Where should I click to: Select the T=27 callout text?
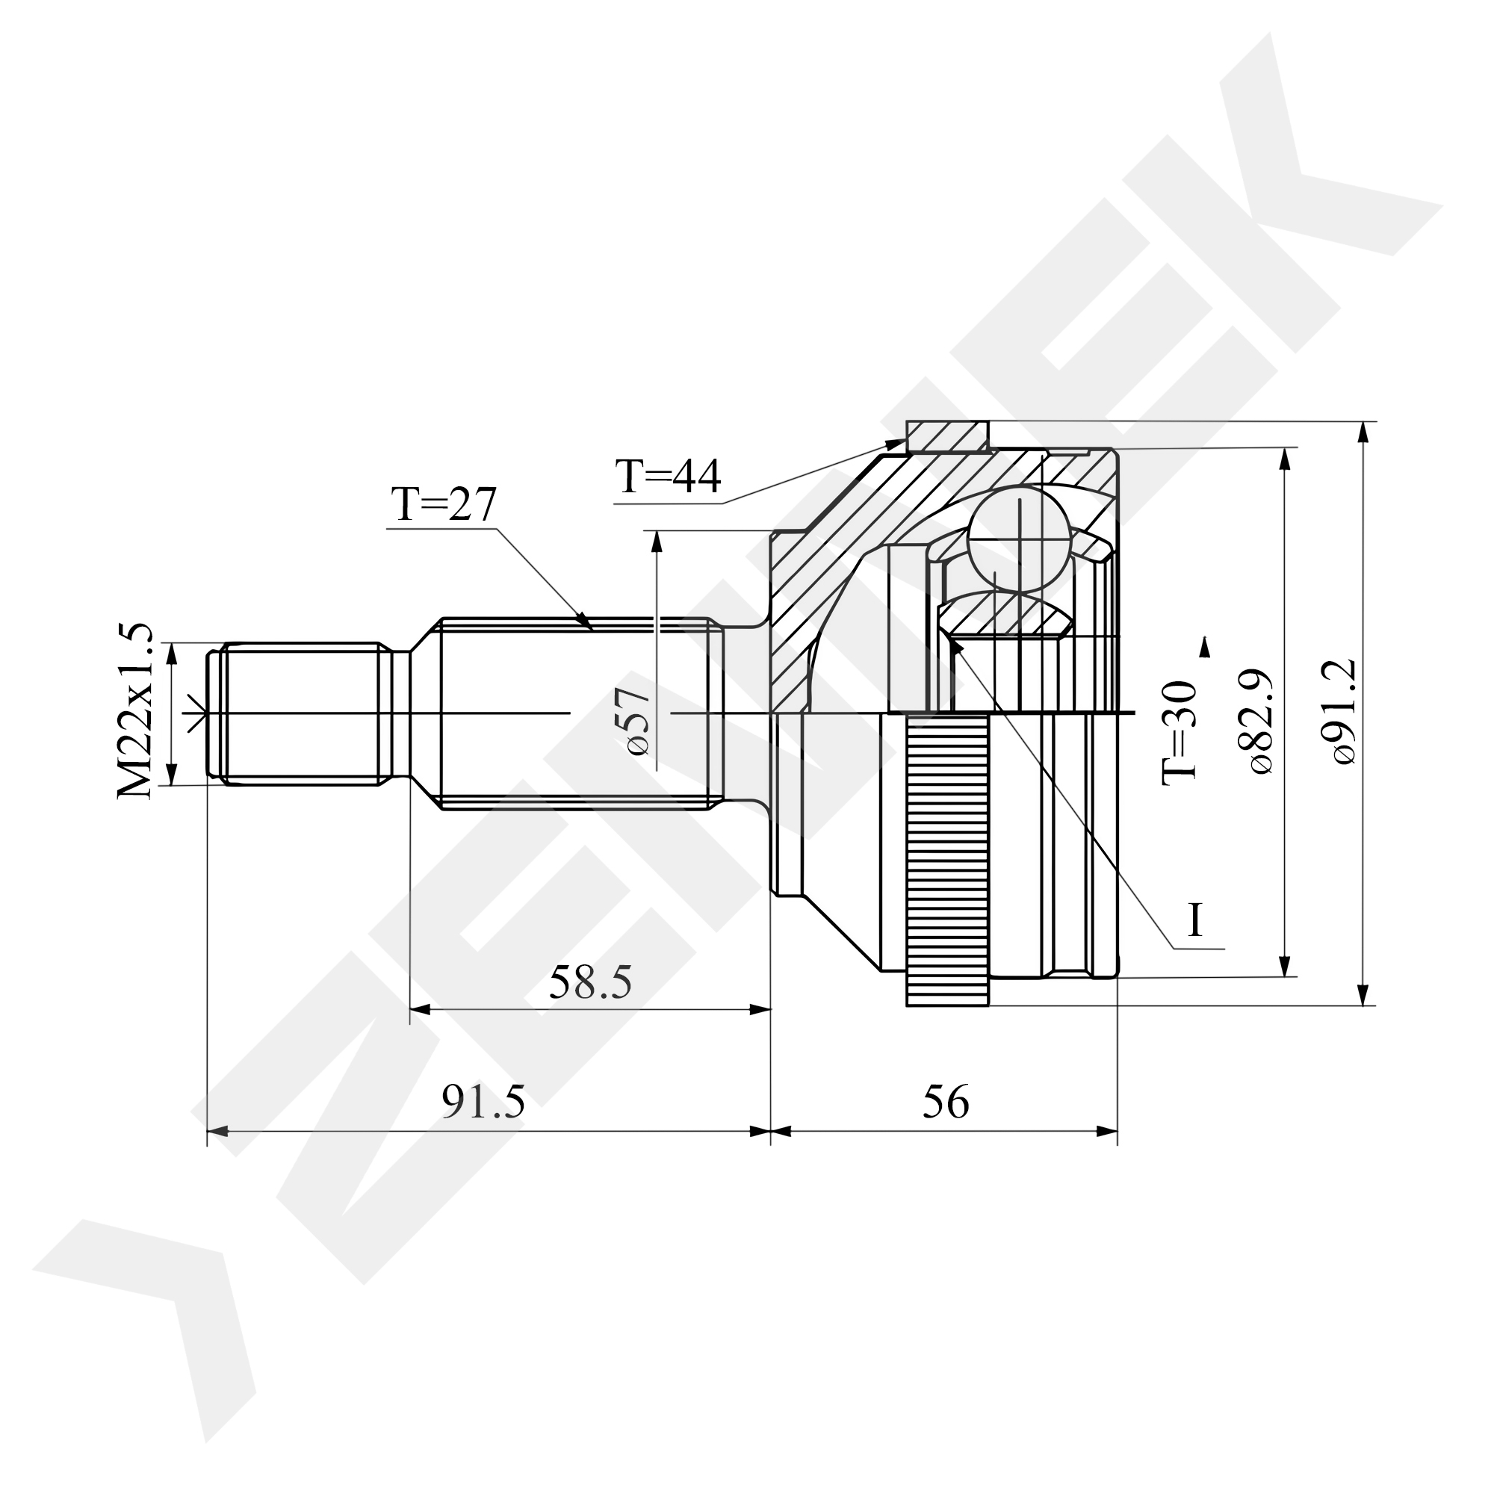pos(444,505)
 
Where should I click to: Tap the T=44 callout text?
pos(668,477)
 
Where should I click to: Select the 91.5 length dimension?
pos(483,1102)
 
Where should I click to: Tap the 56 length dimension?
pos(945,1102)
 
